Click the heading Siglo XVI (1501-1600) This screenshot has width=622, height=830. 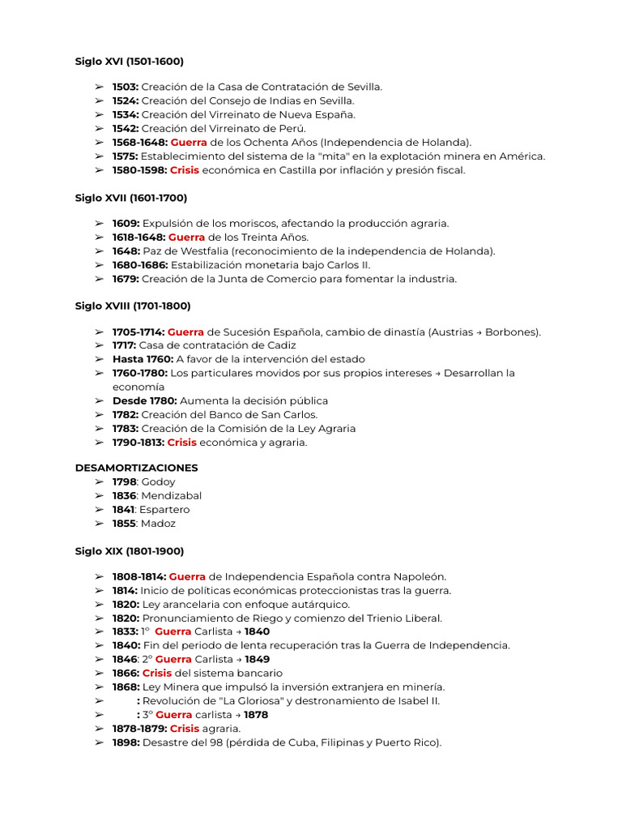pyautogui.click(x=130, y=61)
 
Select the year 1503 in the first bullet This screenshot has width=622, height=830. pyautogui.click(x=126, y=87)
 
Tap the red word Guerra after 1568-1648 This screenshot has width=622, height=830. pyautogui.click(x=189, y=142)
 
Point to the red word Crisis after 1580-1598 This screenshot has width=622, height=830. pyautogui.click(x=184, y=170)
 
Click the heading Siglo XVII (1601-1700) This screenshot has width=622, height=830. pyautogui.click(x=131, y=198)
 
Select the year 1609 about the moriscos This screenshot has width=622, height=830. pyautogui.click(x=126, y=223)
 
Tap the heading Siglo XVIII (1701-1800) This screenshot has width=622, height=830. pyautogui.click(x=133, y=306)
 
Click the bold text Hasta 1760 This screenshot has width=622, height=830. pyautogui.click(x=143, y=359)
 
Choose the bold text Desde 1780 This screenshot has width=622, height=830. pyautogui.click(x=144, y=400)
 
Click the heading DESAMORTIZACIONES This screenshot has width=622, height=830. pyautogui.click(x=137, y=468)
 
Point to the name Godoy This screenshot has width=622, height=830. pyautogui.click(x=159, y=481)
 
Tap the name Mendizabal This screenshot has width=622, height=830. pyautogui.click(x=172, y=495)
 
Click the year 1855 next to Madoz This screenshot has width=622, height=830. pyautogui.click(x=125, y=524)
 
